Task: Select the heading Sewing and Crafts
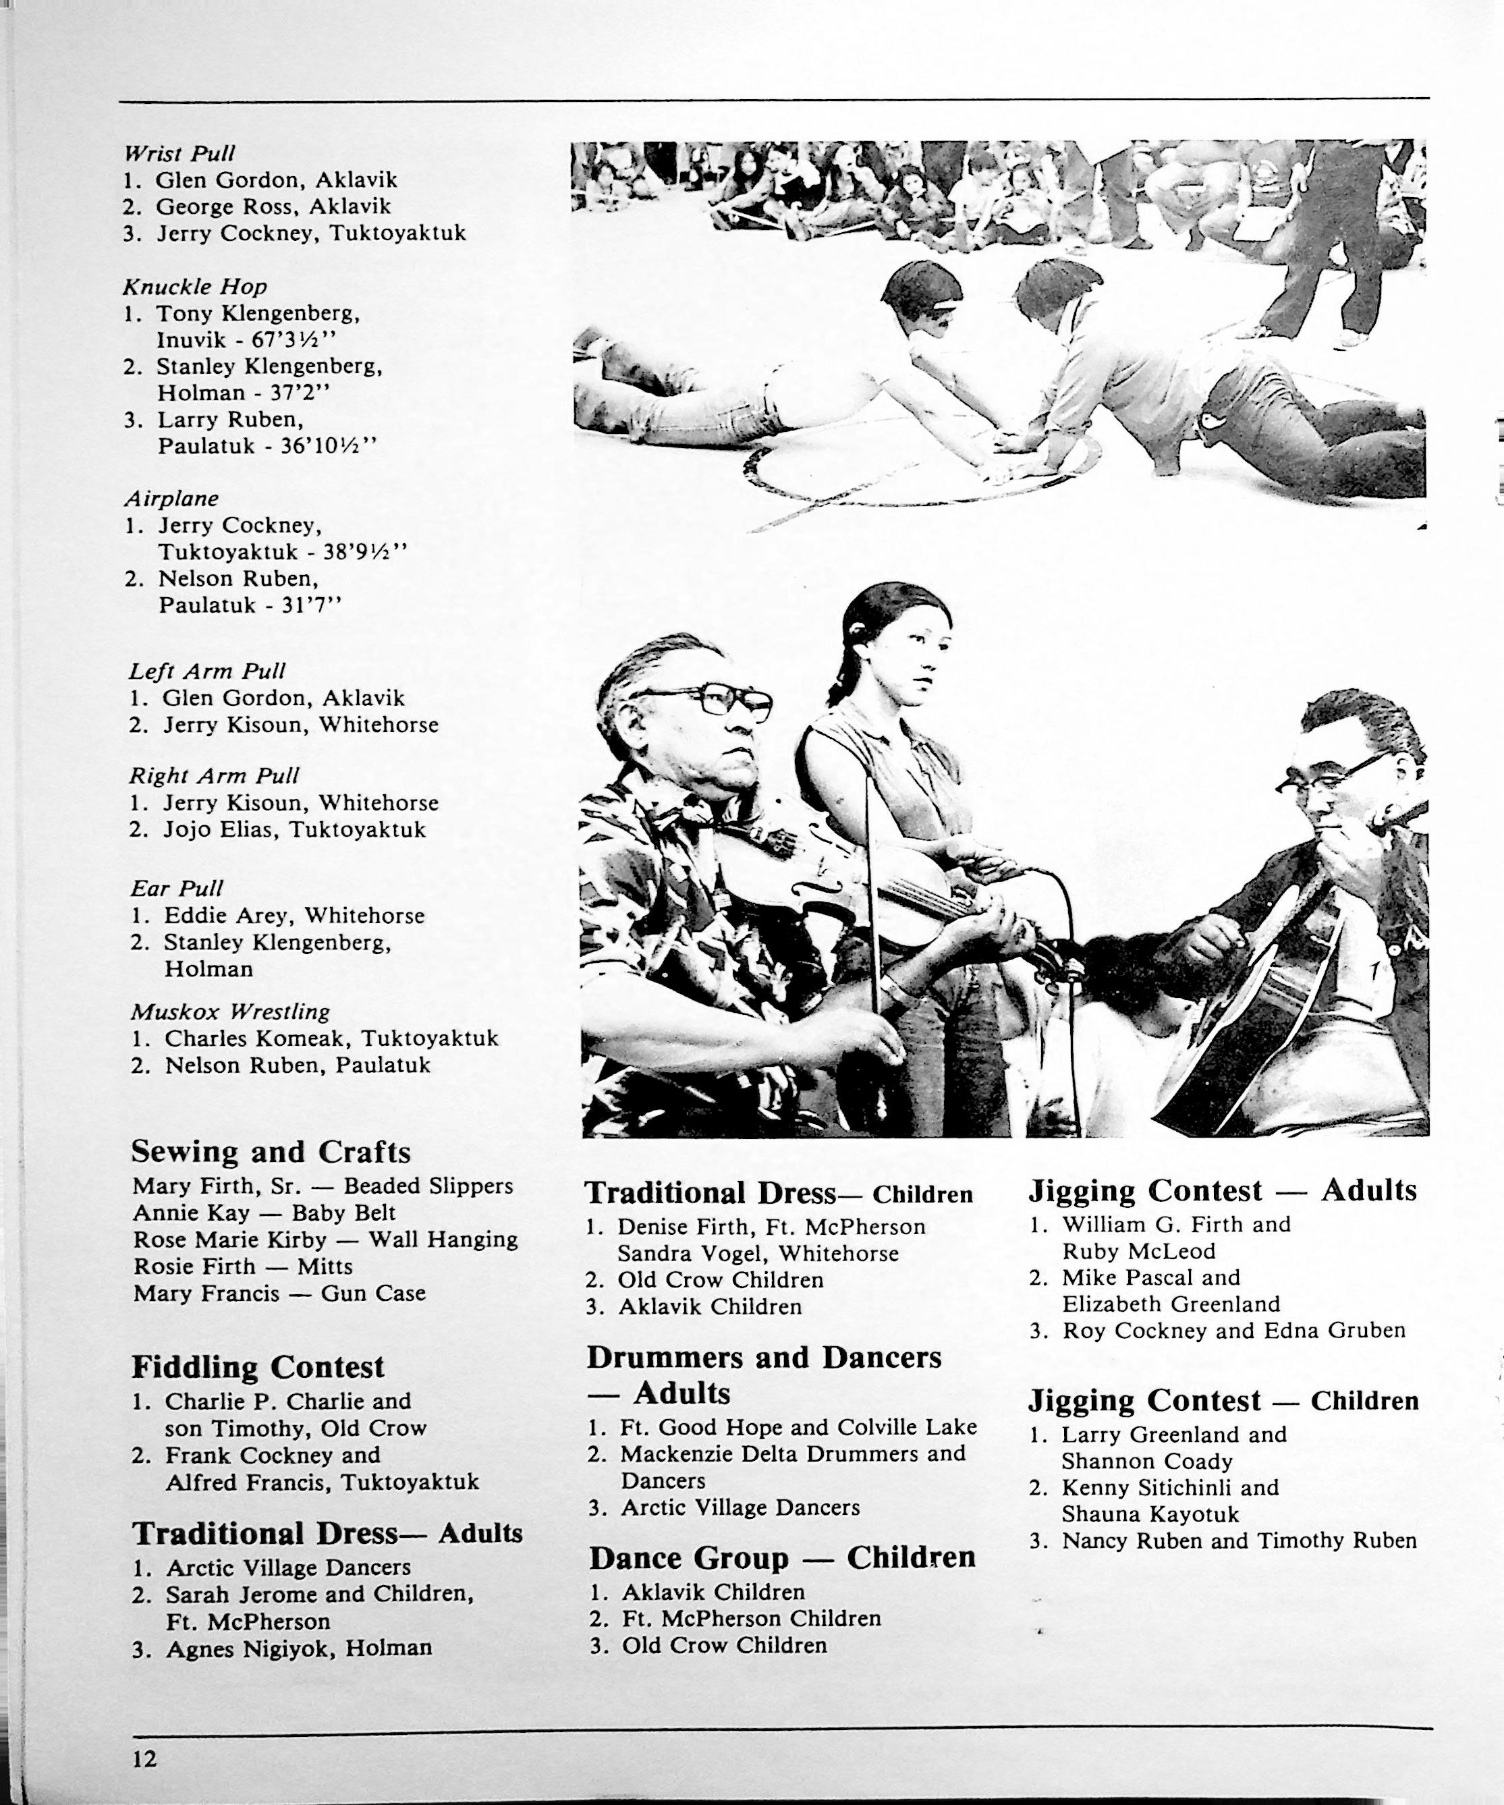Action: [x=271, y=1152]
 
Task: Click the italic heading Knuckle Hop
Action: [x=195, y=286]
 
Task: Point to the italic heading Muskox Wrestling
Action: [x=229, y=1011]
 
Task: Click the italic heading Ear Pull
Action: [x=176, y=888]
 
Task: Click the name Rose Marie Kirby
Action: [x=229, y=1240]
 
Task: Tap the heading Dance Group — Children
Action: [x=782, y=1557]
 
